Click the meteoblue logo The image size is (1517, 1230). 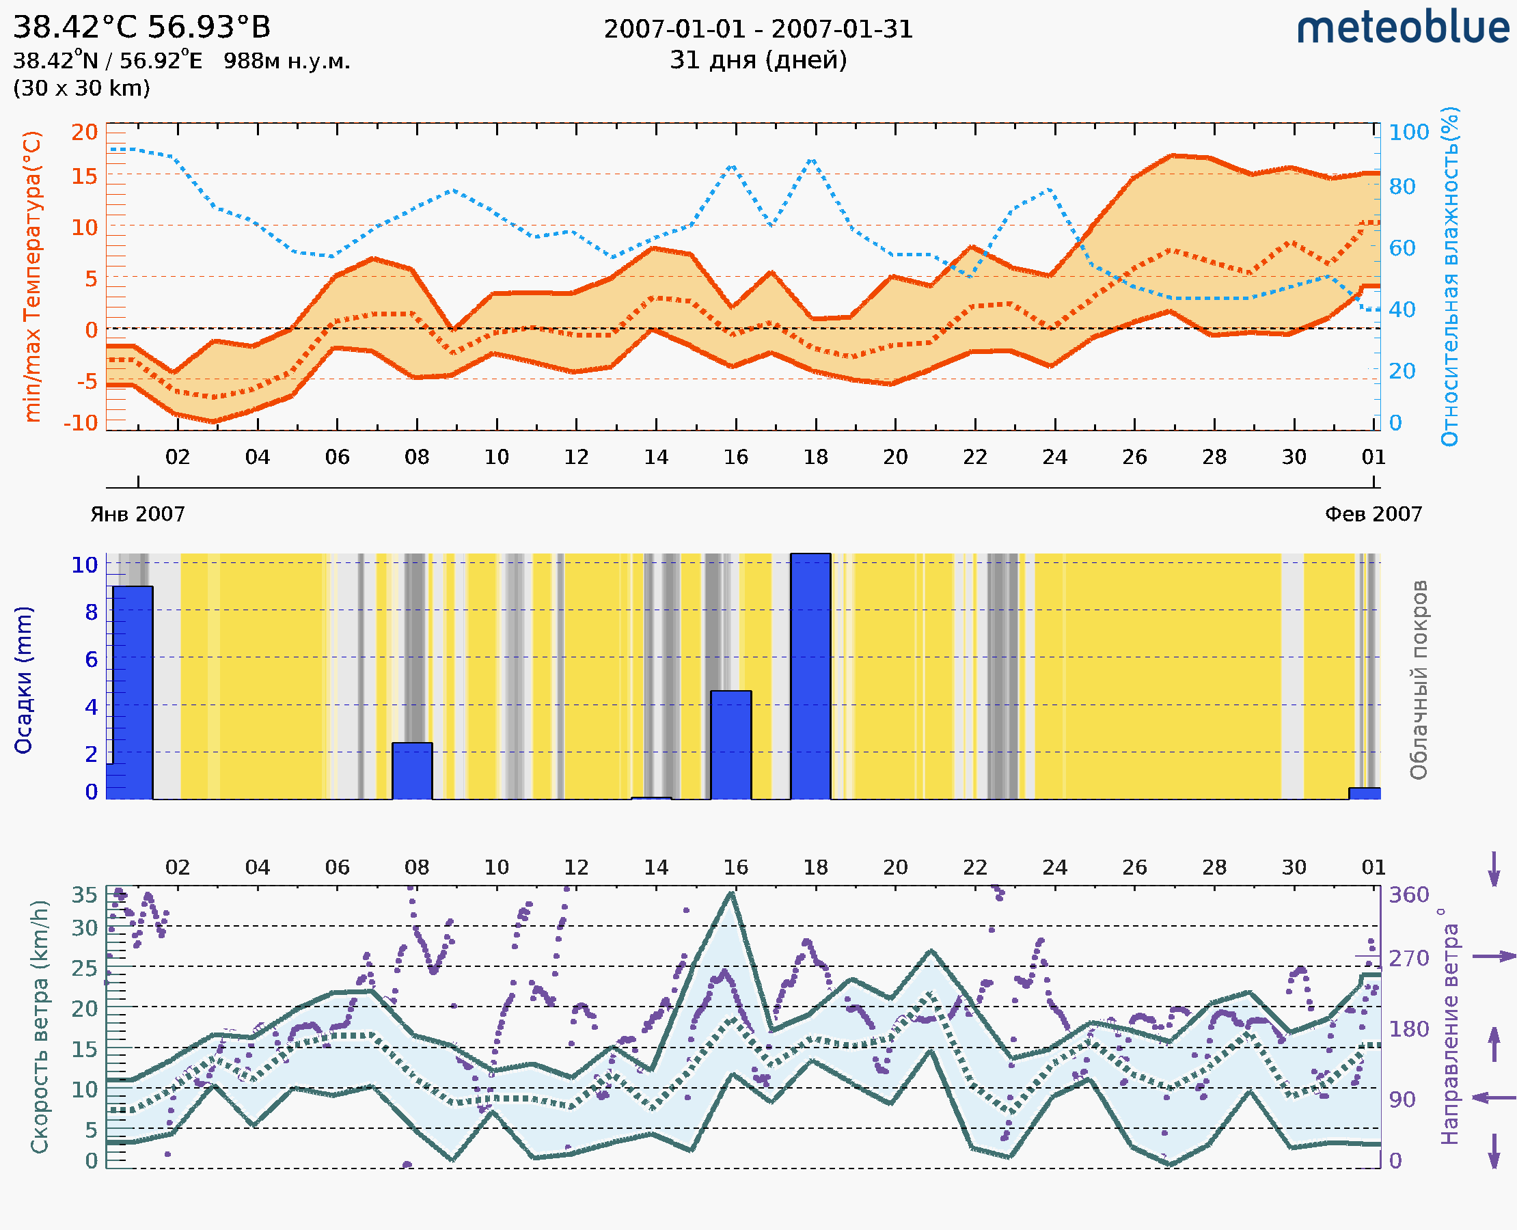point(1403,28)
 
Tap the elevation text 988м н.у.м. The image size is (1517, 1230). point(286,61)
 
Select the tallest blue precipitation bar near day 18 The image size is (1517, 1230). point(810,676)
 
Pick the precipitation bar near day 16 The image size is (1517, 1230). point(730,744)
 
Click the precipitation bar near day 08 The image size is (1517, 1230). point(411,770)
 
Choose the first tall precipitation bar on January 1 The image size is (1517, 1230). point(133,692)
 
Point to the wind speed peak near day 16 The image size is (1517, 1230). point(732,894)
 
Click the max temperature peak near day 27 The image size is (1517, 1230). point(1173,155)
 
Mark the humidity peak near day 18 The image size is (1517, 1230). point(812,161)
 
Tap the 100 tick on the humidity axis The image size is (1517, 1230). point(1408,133)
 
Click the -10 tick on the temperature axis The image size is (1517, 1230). point(81,423)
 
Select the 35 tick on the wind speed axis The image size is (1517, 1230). point(84,895)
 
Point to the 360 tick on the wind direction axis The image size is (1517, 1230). point(1408,895)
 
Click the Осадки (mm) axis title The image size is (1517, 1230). point(23,679)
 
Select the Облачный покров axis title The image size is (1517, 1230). point(1418,679)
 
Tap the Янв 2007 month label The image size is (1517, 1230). point(137,514)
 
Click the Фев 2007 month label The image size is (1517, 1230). point(1373,514)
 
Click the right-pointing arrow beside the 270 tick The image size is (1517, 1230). point(1494,957)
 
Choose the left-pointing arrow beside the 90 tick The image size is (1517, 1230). point(1494,1097)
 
